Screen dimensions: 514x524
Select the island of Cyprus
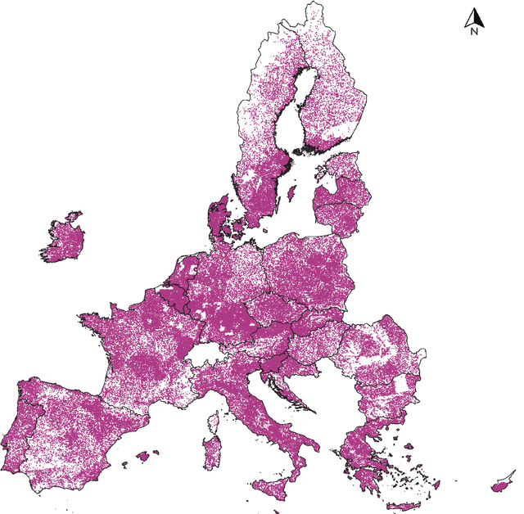coord(501,484)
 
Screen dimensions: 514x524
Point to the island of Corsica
coord(216,422)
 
